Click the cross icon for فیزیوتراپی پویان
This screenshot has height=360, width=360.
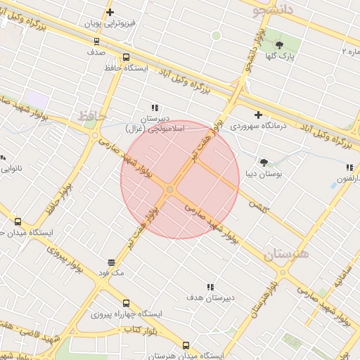tap(110, 12)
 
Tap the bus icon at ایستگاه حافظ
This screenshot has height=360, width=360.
tap(126, 57)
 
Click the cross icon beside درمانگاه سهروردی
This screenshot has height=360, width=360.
tap(258, 115)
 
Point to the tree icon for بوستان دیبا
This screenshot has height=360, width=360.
tap(264, 162)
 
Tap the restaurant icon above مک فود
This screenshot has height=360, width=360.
tap(110, 262)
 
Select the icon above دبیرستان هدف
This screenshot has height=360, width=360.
tap(210, 286)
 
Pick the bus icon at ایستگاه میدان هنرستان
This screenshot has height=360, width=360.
tap(186, 345)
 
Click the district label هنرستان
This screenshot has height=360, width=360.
tap(288, 255)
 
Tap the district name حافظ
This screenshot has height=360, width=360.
tap(91, 114)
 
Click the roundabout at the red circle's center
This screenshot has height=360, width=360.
tap(170, 190)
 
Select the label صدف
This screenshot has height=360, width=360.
tap(96, 52)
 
